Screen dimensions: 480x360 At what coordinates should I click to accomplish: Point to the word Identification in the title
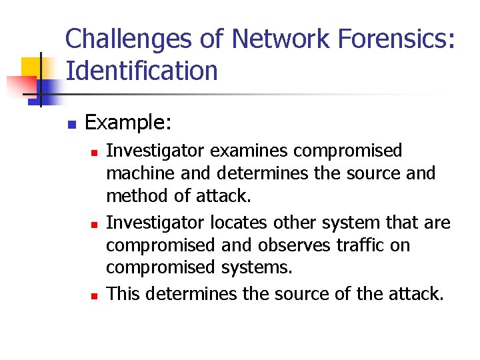141,71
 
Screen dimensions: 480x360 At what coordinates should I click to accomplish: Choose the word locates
243,221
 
